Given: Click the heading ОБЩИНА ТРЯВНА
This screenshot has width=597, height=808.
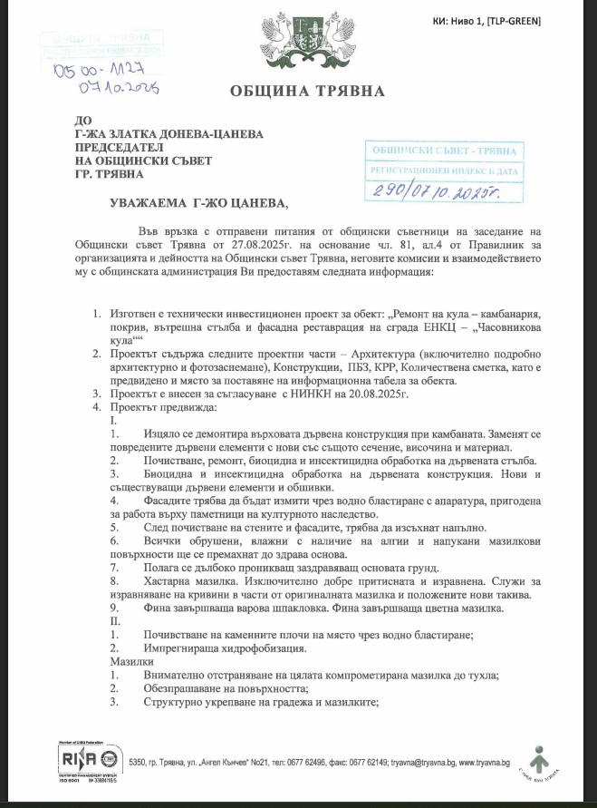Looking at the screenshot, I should tap(308, 91).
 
